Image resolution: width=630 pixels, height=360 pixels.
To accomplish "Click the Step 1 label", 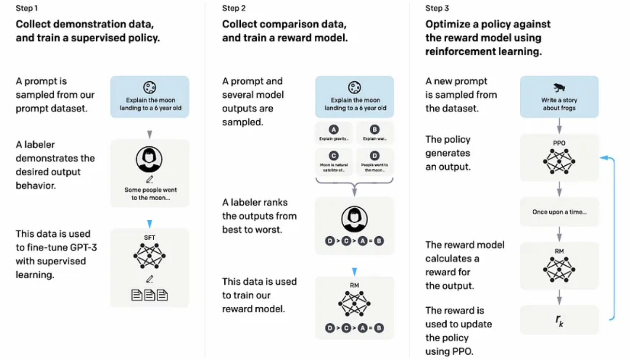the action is (27, 8).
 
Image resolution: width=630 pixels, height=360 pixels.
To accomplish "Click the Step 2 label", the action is (234, 8).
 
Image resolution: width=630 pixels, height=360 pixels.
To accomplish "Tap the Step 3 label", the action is (437, 8).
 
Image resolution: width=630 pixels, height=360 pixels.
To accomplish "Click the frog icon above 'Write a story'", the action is (559, 87).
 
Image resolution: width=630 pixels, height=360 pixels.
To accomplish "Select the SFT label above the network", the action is (149, 238).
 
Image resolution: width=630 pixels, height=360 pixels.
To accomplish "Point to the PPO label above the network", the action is (559, 143).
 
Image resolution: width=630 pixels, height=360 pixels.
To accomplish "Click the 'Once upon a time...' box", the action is (559, 212).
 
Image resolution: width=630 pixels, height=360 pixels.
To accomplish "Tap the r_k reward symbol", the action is (559, 320).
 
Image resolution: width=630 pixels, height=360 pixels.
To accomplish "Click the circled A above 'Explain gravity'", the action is (334, 130).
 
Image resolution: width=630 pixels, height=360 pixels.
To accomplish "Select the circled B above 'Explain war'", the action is (374, 130).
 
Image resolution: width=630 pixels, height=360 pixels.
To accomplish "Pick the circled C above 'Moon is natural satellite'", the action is (334, 156).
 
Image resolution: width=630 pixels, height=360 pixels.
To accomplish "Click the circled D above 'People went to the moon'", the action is (374, 156).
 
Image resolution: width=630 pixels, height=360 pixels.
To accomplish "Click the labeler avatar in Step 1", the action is (149, 159).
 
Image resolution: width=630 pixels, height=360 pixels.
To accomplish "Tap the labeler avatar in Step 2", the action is (354, 219).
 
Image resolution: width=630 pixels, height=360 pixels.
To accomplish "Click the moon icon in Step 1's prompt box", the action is (149, 87).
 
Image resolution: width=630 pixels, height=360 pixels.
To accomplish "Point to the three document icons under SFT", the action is (149, 295).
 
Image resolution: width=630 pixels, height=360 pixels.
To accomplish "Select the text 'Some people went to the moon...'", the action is (150, 194).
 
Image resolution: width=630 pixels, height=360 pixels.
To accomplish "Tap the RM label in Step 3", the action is (559, 251).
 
